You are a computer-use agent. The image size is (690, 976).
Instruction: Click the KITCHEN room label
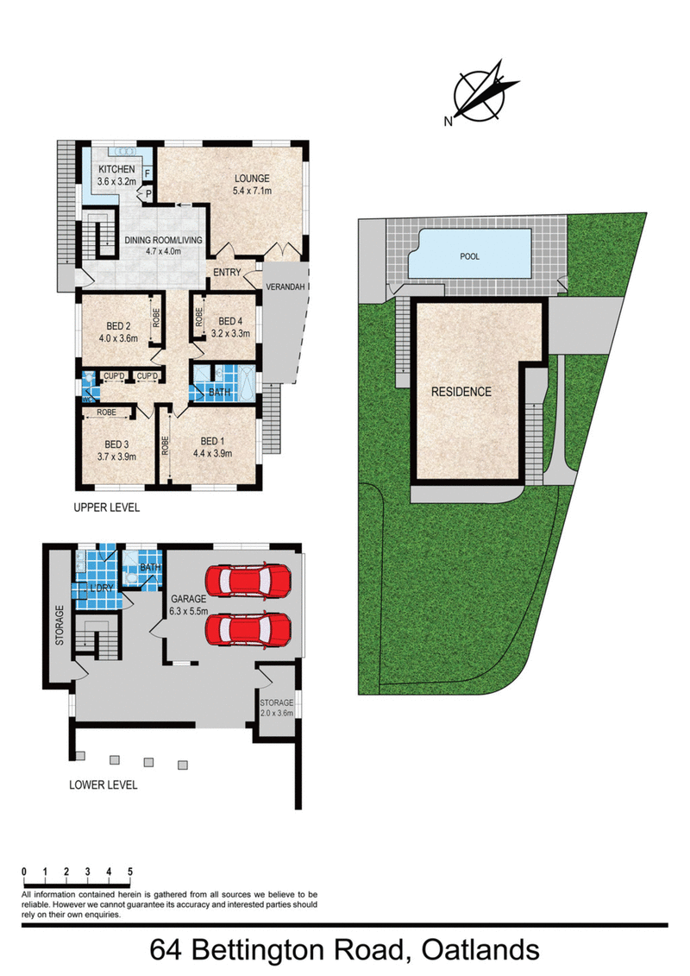[116, 169]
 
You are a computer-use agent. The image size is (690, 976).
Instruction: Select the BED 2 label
[118, 325]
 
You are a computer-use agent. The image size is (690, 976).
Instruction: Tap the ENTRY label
[225, 273]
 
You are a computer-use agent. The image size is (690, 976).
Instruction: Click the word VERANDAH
[285, 287]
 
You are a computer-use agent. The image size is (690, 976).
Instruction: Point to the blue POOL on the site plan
[469, 256]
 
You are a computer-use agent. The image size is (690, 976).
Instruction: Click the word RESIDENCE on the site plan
[461, 392]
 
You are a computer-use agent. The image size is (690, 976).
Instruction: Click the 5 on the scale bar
[129, 872]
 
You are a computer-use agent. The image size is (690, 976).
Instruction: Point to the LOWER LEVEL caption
[103, 785]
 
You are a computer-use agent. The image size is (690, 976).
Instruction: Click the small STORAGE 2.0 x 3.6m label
[276, 708]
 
